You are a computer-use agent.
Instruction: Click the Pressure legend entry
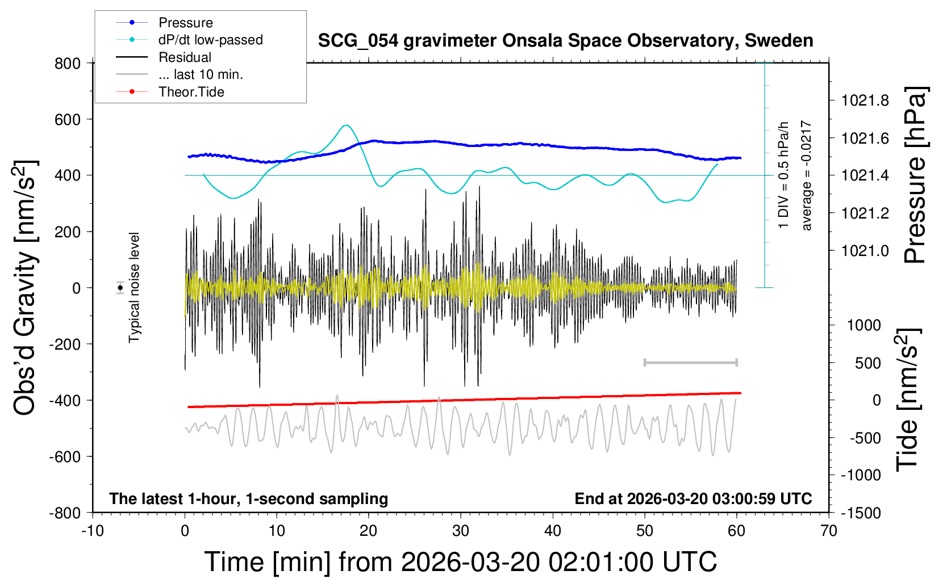tap(185, 23)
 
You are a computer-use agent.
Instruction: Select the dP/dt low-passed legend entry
tap(210, 40)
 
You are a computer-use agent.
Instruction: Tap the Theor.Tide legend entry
tap(191, 92)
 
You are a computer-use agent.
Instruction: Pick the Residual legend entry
tap(185, 57)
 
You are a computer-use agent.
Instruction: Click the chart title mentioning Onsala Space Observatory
tap(565, 41)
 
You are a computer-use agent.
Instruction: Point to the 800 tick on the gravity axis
tap(68, 64)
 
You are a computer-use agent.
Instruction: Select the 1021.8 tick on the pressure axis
tap(865, 101)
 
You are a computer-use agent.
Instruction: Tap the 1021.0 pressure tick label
tap(865, 251)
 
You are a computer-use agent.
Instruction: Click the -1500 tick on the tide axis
tap(861, 513)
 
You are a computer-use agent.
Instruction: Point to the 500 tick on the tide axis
tap(868, 363)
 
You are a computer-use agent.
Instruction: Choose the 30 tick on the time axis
tap(461, 531)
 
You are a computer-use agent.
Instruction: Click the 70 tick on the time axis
tap(829, 531)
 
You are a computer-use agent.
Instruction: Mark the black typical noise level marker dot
tap(120, 288)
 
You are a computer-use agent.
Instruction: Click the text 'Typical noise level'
tap(134, 288)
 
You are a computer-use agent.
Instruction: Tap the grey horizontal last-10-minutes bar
tap(691, 362)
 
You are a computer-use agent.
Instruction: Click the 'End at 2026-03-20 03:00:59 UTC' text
tap(693, 499)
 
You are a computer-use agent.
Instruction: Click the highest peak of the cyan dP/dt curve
tap(347, 125)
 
